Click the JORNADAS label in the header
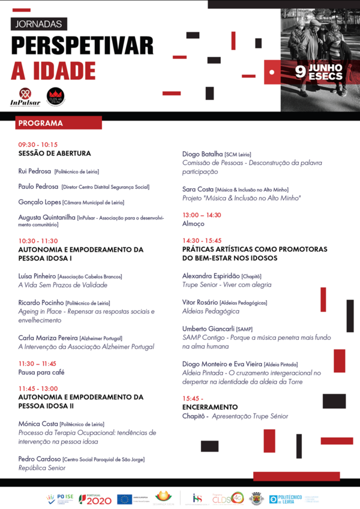(x=39, y=24)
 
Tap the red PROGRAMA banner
(x=58, y=123)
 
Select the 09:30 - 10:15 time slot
(x=38, y=144)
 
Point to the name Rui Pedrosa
(x=35, y=171)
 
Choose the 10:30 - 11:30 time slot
(x=38, y=240)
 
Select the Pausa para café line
(x=41, y=372)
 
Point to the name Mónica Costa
(x=38, y=424)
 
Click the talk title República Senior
(x=42, y=468)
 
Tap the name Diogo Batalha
(x=202, y=154)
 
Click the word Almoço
(x=193, y=224)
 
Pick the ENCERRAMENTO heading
(x=210, y=407)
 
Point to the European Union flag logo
(x=125, y=499)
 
